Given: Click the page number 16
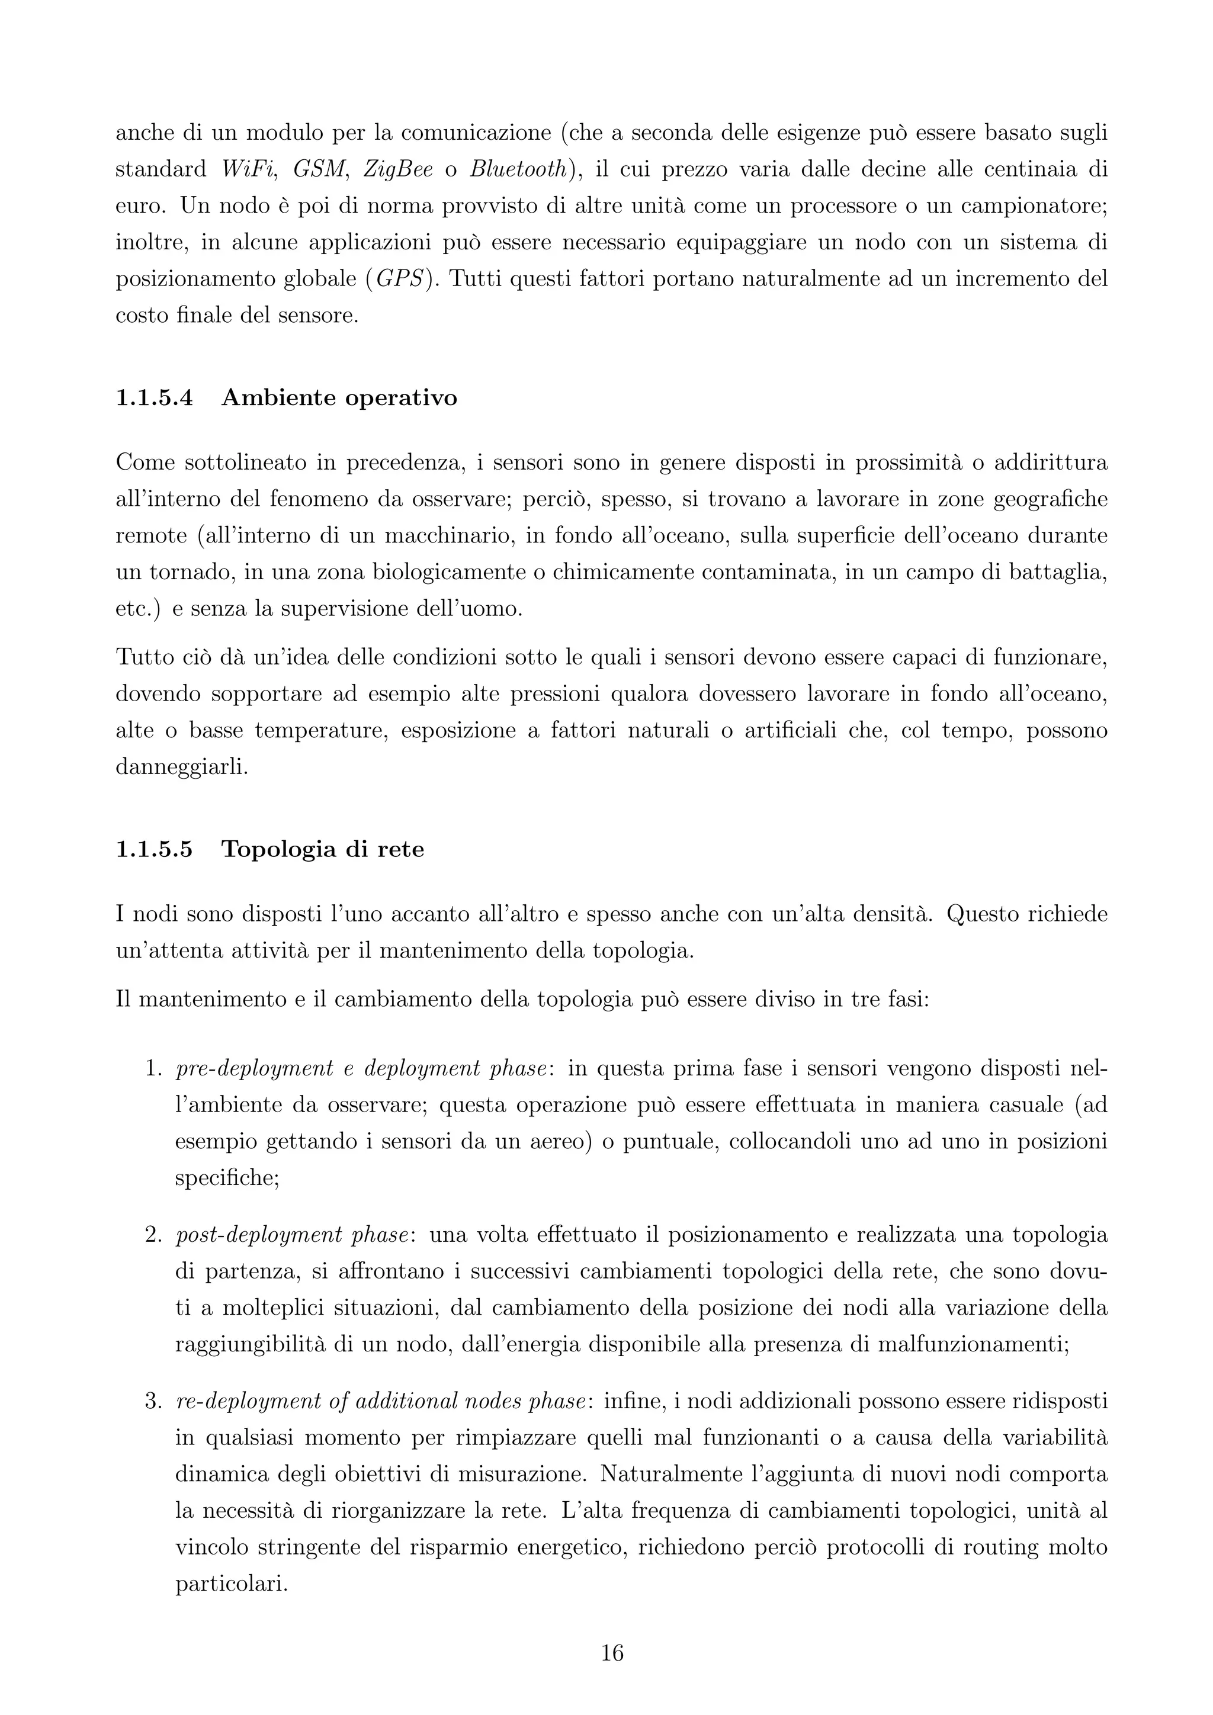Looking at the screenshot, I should point(612,1652).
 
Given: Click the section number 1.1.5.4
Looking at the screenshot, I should point(154,398).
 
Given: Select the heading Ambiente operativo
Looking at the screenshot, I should point(339,398).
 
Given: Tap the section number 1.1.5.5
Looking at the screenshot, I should point(154,849).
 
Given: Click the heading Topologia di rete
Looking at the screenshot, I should point(323,849).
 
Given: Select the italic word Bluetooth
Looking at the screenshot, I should point(517,169).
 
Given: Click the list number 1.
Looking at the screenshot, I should point(153,1069).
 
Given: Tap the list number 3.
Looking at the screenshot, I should point(153,1401).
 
